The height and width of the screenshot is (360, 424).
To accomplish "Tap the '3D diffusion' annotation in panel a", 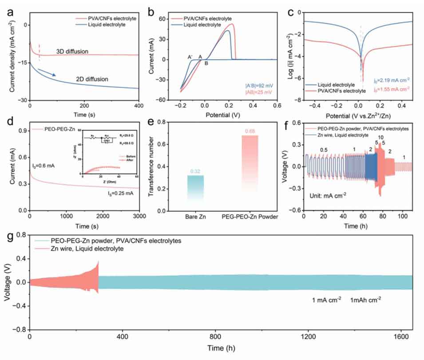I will (x=73, y=51).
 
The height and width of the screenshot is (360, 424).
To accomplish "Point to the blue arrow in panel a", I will (x=47, y=72).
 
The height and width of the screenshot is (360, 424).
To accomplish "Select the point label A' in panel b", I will (x=190, y=57).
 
